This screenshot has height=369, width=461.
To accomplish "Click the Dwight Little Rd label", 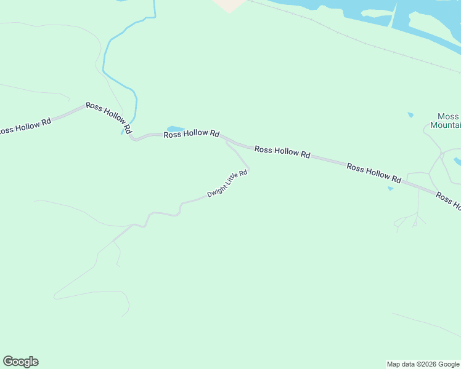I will (x=227, y=183).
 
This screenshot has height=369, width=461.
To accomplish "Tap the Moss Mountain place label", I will (x=448, y=121).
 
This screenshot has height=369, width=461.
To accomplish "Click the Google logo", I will (x=20, y=362).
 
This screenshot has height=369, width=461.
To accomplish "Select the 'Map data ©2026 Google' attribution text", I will (x=423, y=364).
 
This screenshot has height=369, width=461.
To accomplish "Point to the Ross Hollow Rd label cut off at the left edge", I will (x=25, y=127).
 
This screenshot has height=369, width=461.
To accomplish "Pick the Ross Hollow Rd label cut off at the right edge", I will (x=448, y=201).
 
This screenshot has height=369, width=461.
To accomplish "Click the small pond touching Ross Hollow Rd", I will (x=175, y=129).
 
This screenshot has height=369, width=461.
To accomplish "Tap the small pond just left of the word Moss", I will (x=410, y=114).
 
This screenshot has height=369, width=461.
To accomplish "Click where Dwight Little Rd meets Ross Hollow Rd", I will (x=227, y=141).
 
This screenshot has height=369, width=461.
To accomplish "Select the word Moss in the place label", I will (x=449, y=116).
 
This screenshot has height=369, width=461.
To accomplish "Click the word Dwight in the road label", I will (x=216, y=190).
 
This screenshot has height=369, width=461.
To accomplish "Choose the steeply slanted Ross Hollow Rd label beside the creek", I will (x=109, y=118).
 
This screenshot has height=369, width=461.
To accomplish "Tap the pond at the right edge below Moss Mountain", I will (x=458, y=162).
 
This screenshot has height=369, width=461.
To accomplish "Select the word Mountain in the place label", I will (x=446, y=125).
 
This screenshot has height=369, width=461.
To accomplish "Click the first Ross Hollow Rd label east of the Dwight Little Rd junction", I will (x=282, y=152).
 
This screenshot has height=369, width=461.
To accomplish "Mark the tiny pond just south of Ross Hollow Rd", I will (x=390, y=189).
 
